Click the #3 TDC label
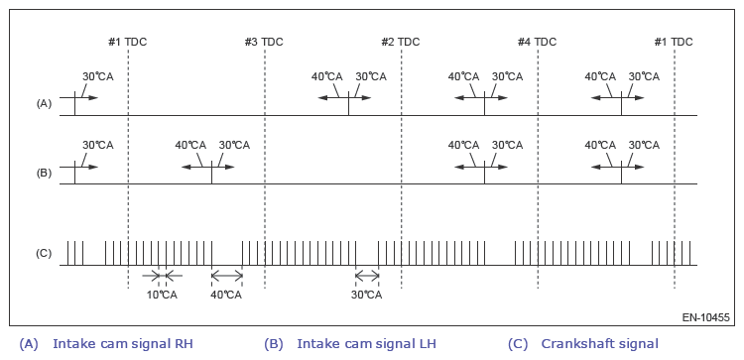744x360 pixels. tap(264, 42)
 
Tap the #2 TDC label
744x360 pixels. tap(401, 42)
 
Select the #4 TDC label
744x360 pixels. tap(537, 42)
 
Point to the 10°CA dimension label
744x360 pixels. tap(162, 295)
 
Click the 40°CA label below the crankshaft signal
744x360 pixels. tap(226, 295)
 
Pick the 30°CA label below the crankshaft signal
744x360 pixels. tap(366, 295)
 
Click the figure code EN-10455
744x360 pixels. tap(706, 317)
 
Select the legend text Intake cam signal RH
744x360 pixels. tap(123, 344)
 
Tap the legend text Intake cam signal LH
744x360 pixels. tap(366, 344)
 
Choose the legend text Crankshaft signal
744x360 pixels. tap(600, 344)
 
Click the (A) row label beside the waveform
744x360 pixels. tap(44, 104)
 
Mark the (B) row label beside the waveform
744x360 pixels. tap(44, 174)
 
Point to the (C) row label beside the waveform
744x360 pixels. tap(44, 253)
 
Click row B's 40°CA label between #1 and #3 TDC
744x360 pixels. tap(190, 145)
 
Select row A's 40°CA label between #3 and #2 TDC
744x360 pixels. tap(327, 76)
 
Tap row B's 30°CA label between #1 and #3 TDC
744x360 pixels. tap(234, 145)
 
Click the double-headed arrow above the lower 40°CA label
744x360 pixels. tap(227, 275)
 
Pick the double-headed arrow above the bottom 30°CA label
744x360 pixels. tap(367, 275)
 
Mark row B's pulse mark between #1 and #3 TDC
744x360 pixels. tap(211, 173)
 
